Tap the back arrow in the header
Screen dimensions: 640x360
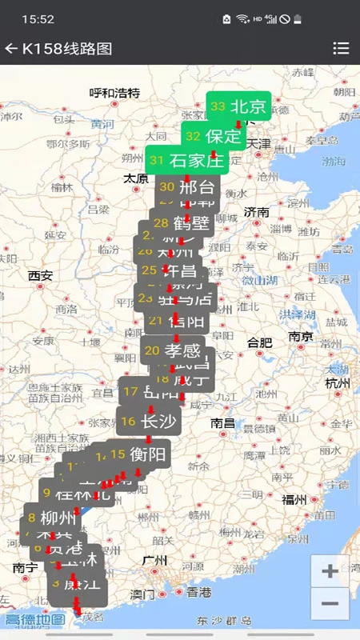pos(11,49)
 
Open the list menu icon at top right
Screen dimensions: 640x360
pos(341,49)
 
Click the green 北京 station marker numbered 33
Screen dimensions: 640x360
pos(239,107)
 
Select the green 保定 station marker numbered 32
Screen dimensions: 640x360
pos(213,136)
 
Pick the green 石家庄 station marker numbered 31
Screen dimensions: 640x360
pos(186,160)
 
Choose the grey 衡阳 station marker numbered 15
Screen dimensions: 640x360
pos(139,455)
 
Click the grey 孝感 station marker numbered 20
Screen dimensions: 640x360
pos(173,350)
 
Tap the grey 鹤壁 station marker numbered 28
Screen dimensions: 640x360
pos(180,222)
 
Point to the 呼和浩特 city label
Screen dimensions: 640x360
pos(114,93)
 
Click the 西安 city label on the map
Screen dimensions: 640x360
pos(40,276)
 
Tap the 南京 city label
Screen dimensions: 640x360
pos(301,336)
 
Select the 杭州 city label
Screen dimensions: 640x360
pos(338,383)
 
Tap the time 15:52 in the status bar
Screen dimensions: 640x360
pos(38,18)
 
